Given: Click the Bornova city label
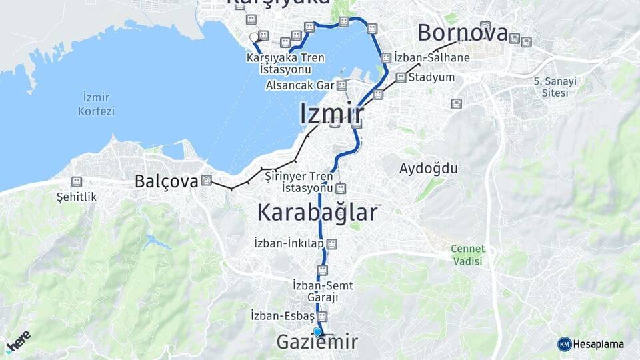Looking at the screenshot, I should pos(463,33).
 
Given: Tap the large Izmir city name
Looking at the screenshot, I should pos(331,113).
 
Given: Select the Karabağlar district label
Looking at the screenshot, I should pos(317,213).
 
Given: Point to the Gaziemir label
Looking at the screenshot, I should pos(317,343).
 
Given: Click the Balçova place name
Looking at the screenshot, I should pos(166,181).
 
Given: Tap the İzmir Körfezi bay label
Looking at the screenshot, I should pos(96,104).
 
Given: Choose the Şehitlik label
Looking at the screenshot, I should pos(77,197).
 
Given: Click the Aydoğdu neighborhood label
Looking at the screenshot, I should pos(429,168).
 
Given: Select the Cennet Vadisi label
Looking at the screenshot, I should pos(467,255).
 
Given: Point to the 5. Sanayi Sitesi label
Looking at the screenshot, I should pos(555,87).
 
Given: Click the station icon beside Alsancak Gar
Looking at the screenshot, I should pos(342,85).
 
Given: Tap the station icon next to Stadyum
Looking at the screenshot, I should pos(401,77).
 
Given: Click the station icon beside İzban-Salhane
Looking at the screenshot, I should pos(385,58).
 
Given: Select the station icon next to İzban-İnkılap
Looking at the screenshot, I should pos(331,244).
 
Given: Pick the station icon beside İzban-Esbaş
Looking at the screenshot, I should pos(323,315).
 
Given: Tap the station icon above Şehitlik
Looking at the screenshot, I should pos(77,181).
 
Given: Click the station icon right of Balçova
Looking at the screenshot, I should pos(206,180).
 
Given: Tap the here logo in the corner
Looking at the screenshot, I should pos(18,341).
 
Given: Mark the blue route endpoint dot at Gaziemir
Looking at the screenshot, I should pos(317,331).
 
